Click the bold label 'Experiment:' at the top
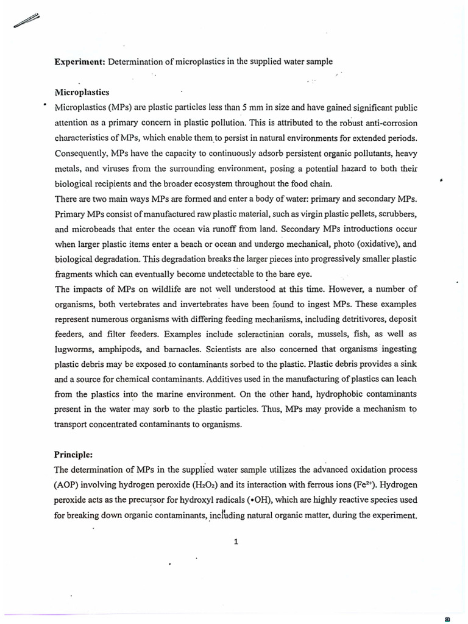pos(76,62)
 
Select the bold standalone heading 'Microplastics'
pos(82,92)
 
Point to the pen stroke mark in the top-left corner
pos(26,23)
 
